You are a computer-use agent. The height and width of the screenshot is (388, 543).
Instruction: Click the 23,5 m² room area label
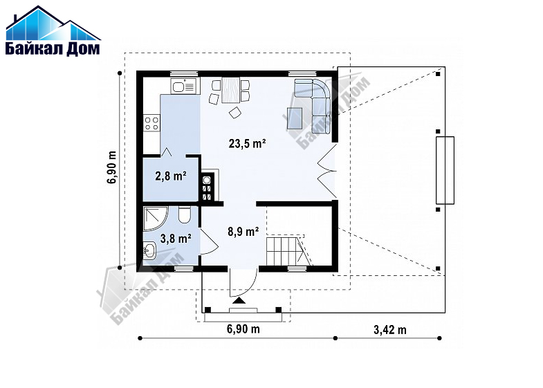pos(247,143)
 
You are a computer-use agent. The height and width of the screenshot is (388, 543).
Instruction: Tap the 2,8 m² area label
pos(171,176)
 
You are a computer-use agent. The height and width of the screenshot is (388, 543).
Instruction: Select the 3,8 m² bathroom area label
pos(176,238)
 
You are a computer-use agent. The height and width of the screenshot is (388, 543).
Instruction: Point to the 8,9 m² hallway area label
pos(243,231)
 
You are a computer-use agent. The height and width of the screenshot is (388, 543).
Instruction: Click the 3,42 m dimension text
pos(390,329)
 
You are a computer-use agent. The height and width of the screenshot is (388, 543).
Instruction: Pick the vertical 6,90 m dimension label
pos(112,167)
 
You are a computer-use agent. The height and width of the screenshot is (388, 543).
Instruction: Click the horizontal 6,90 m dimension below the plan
pos(243,329)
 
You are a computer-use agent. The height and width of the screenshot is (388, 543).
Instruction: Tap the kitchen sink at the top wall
pos(183,86)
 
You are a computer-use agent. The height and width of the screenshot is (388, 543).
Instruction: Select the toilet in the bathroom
pos(185,215)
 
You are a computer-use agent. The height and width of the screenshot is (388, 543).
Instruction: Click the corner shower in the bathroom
pos(156,219)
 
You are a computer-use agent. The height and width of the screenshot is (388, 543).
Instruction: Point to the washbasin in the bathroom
pos(149,250)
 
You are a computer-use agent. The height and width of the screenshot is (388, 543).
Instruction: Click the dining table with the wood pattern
pos(230,90)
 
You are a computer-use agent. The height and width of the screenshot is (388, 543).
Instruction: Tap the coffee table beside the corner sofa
pos(295,118)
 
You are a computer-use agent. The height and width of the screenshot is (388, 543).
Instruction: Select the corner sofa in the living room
pos(317,104)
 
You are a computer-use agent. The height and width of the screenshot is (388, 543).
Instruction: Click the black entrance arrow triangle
pos(239,300)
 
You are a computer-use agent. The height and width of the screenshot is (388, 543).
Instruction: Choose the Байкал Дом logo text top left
pos(53,48)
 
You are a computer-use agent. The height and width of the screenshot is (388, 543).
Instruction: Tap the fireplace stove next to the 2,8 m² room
pos(207,187)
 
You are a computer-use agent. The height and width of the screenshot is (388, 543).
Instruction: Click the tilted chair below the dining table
pos(235,113)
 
